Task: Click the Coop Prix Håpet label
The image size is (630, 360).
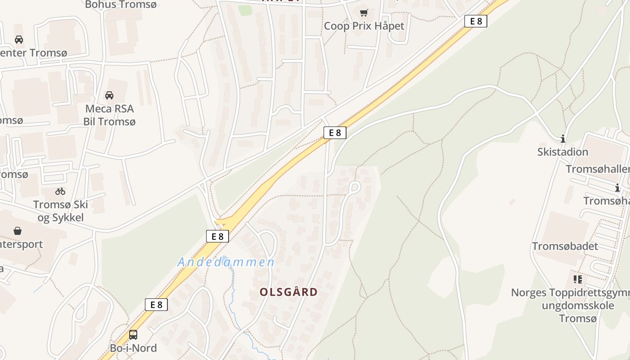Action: (x=364, y=26)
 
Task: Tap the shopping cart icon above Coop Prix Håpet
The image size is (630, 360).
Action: (x=364, y=13)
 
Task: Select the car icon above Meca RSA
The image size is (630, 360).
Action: (x=109, y=95)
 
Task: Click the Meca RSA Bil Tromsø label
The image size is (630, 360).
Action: (x=109, y=115)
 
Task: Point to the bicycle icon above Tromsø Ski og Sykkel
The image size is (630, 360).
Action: (x=60, y=191)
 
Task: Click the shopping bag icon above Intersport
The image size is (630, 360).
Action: (x=18, y=231)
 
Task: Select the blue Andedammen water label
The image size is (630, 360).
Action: (x=226, y=262)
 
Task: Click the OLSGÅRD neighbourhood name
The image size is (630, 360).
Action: (x=288, y=292)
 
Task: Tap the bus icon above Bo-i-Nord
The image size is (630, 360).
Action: (x=133, y=334)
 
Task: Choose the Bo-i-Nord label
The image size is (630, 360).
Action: (x=133, y=348)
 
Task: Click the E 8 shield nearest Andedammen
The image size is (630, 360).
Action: (x=217, y=236)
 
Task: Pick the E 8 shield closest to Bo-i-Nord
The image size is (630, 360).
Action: (x=156, y=305)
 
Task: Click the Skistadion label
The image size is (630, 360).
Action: (x=562, y=152)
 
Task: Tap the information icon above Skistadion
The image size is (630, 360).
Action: (x=562, y=139)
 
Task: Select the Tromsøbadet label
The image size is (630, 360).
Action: (x=565, y=246)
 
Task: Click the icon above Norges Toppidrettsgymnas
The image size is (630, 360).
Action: (x=578, y=279)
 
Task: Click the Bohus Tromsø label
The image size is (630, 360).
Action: (x=120, y=4)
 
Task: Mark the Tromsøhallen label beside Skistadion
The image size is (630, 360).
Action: (x=598, y=169)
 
